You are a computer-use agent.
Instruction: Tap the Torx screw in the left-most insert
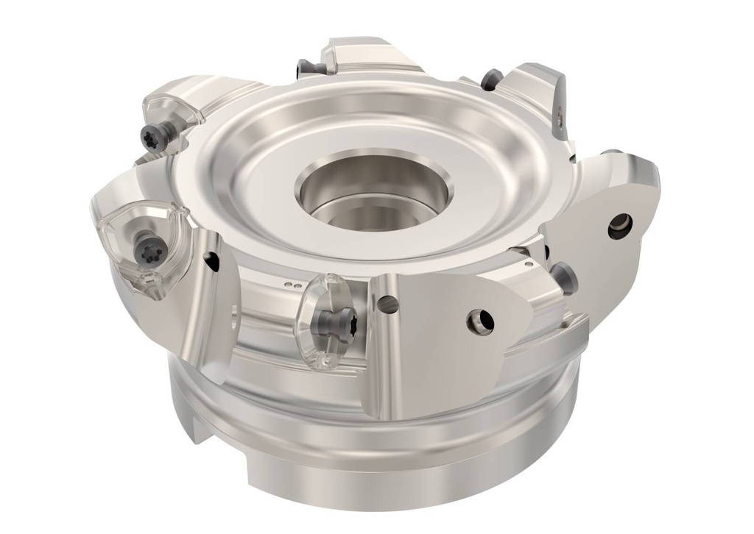tap(144, 252)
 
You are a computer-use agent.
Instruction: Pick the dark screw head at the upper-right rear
tap(491, 79)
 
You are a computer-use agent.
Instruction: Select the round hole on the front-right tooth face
tap(483, 320)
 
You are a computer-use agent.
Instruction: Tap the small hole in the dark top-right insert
tap(559, 113)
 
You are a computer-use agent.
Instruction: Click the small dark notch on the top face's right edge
tap(573, 157)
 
